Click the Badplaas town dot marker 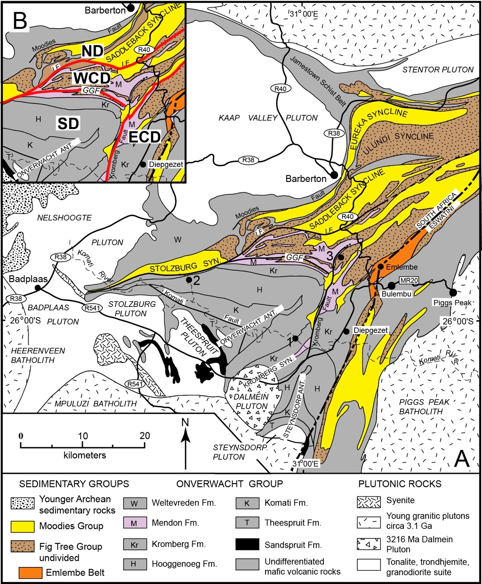coord(38,288)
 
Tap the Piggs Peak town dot coord(453,292)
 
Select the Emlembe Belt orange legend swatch coord(30,572)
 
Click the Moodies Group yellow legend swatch coord(23,526)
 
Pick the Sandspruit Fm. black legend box coord(247,544)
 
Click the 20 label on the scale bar coord(144,436)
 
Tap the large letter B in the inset coord(20,20)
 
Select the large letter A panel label coord(462,459)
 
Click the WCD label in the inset coord(91,78)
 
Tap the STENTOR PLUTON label coord(438,70)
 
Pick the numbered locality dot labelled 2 coord(188,280)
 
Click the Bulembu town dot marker coord(391,286)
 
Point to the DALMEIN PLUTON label coord(252,401)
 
